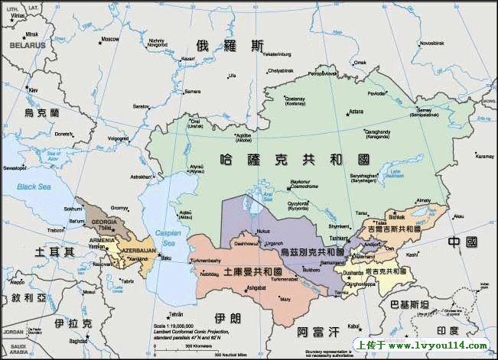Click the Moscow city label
tap(110, 39)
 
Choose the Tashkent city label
tap(339, 238)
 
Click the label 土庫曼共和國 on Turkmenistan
tap(252, 272)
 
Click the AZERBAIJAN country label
tap(138, 250)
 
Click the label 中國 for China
tap(462, 242)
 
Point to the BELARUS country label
tap(28, 45)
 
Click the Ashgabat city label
tap(256, 287)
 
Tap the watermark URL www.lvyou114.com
tap(432, 345)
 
